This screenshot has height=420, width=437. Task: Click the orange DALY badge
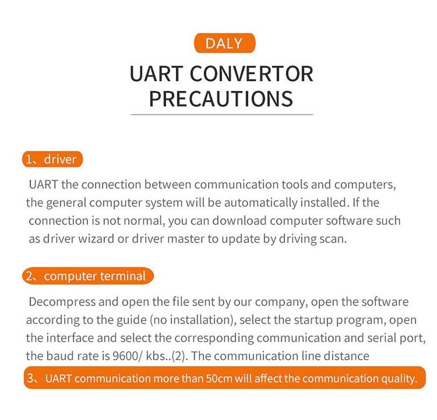coord(225,43)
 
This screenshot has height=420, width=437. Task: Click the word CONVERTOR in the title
coord(252,74)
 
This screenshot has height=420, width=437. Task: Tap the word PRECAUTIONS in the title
coord(221,99)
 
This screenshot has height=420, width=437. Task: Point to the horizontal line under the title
coord(222,114)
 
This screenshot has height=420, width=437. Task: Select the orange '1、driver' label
coord(52,159)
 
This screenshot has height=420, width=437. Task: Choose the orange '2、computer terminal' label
coord(88,276)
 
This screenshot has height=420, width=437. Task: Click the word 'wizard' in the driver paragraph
coord(96,239)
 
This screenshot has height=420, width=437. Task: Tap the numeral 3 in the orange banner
coord(30,378)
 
